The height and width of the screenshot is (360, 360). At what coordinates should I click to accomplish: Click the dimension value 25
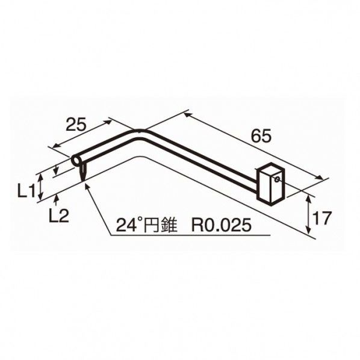[75, 125]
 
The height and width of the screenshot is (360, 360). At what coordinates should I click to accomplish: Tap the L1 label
[25, 191]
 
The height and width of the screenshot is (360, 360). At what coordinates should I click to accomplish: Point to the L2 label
[57, 216]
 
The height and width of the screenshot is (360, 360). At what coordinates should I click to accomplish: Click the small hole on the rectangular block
[276, 179]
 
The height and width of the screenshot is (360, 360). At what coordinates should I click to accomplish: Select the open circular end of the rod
[76, 160]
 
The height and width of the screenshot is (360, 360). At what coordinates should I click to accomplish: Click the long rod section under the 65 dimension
[205, 156]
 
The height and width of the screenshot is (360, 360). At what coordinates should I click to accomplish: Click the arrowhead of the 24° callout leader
[89, 187]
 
